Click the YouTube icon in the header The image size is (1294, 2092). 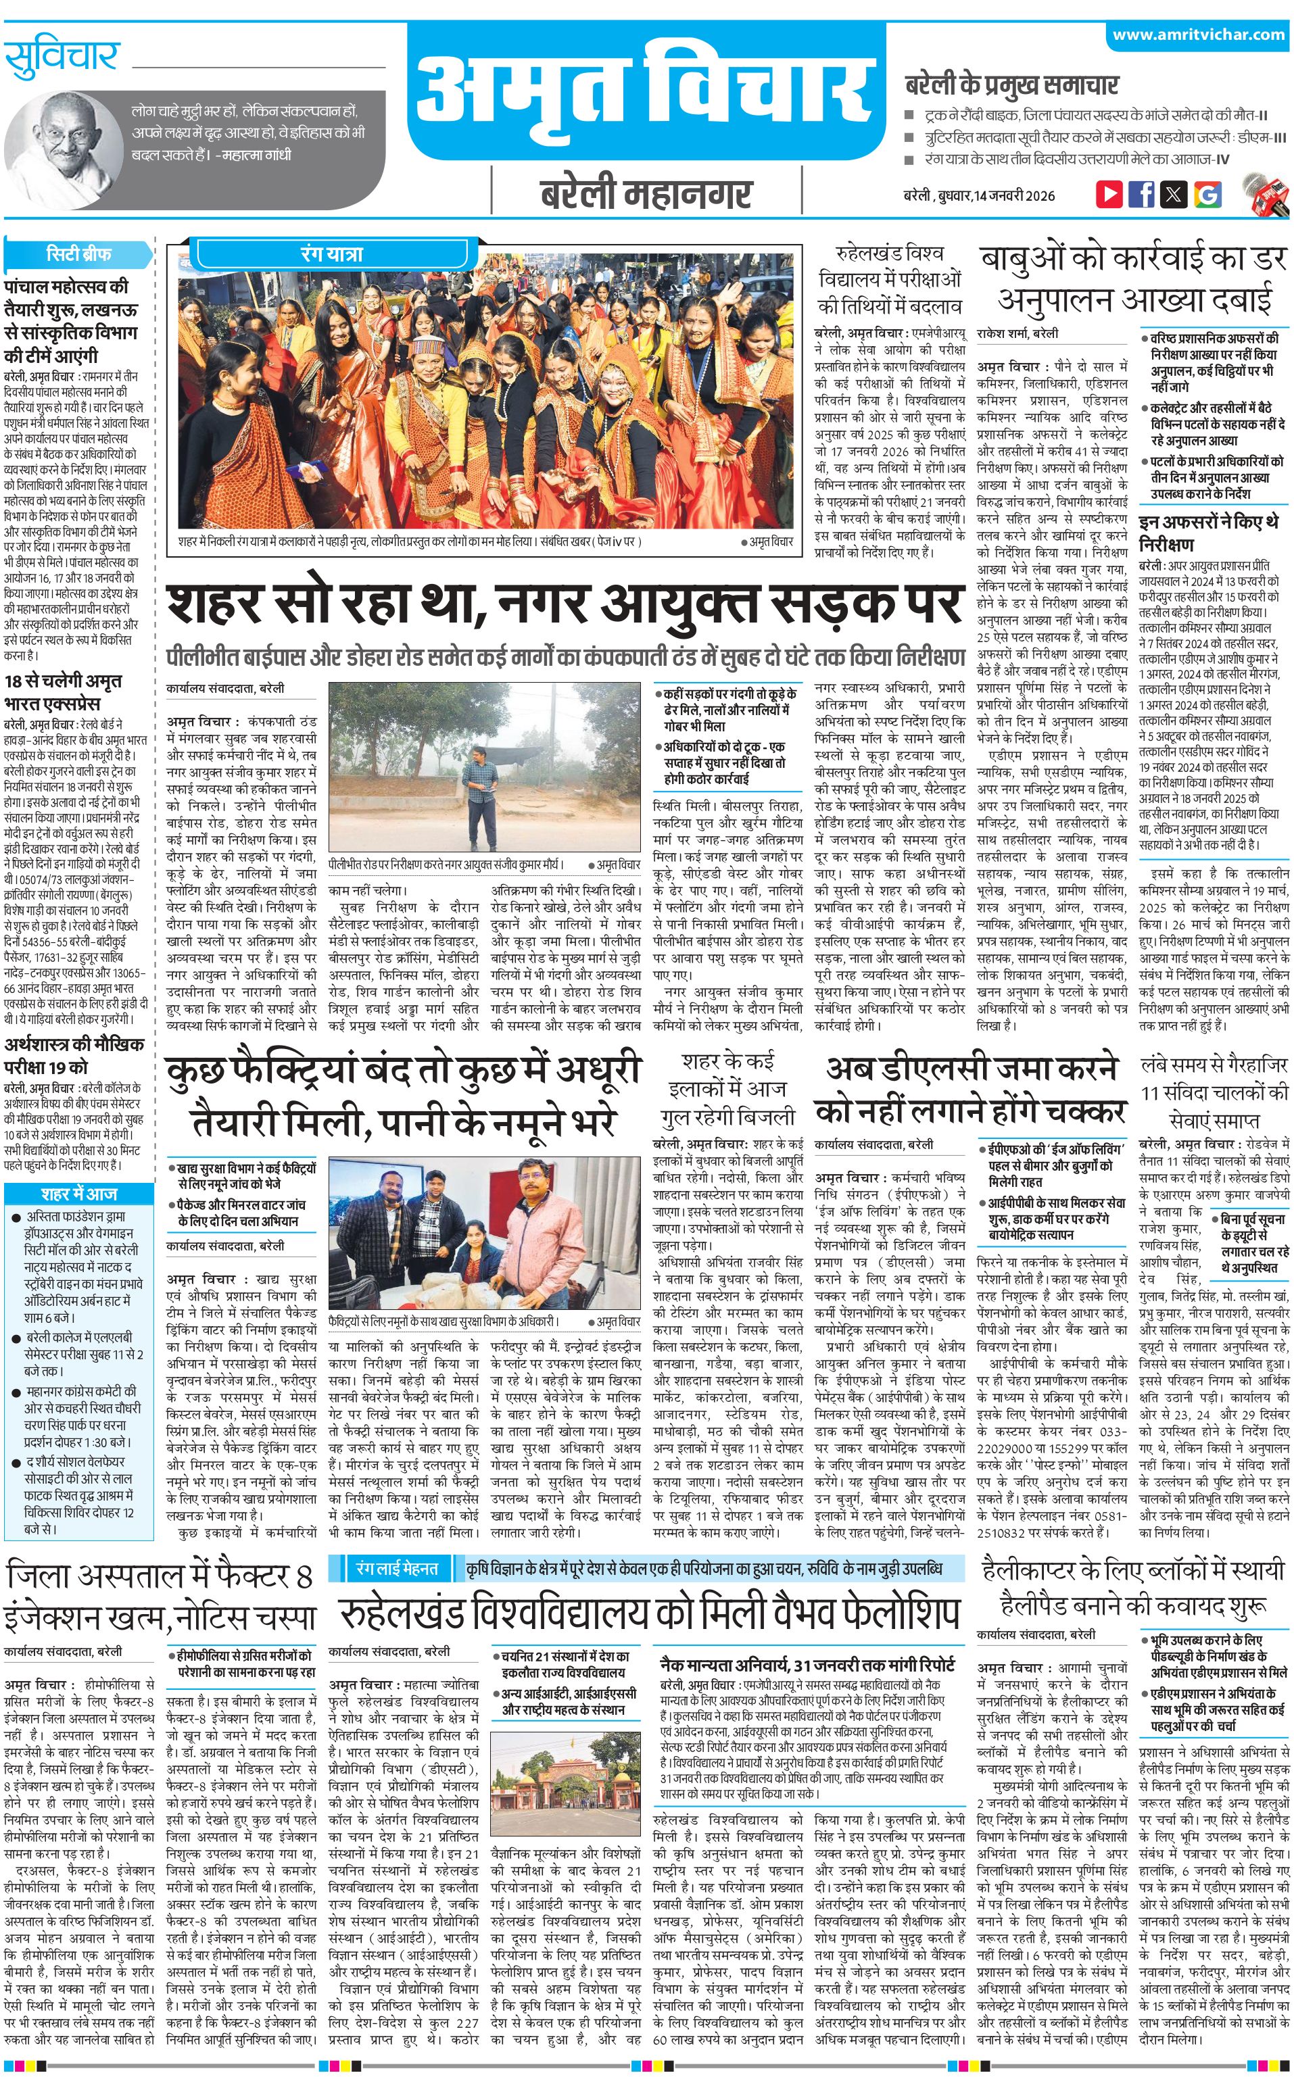[x=1109, y=194]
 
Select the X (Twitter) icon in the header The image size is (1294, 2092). [x=1174, y=194]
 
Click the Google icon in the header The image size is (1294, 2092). [x=1207, y=194]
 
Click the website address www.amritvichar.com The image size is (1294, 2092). [x=1198, y=35]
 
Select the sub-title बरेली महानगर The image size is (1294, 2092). [x=646, y=194]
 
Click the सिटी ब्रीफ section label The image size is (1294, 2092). [x=78, y=254]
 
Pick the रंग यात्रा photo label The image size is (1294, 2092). [x=332, y=254]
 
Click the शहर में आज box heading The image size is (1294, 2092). [x=78, y=1194]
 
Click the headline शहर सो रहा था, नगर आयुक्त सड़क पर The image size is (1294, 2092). [x=565, y=605]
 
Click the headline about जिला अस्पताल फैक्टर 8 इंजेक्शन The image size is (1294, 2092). [x=161, y=1307]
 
